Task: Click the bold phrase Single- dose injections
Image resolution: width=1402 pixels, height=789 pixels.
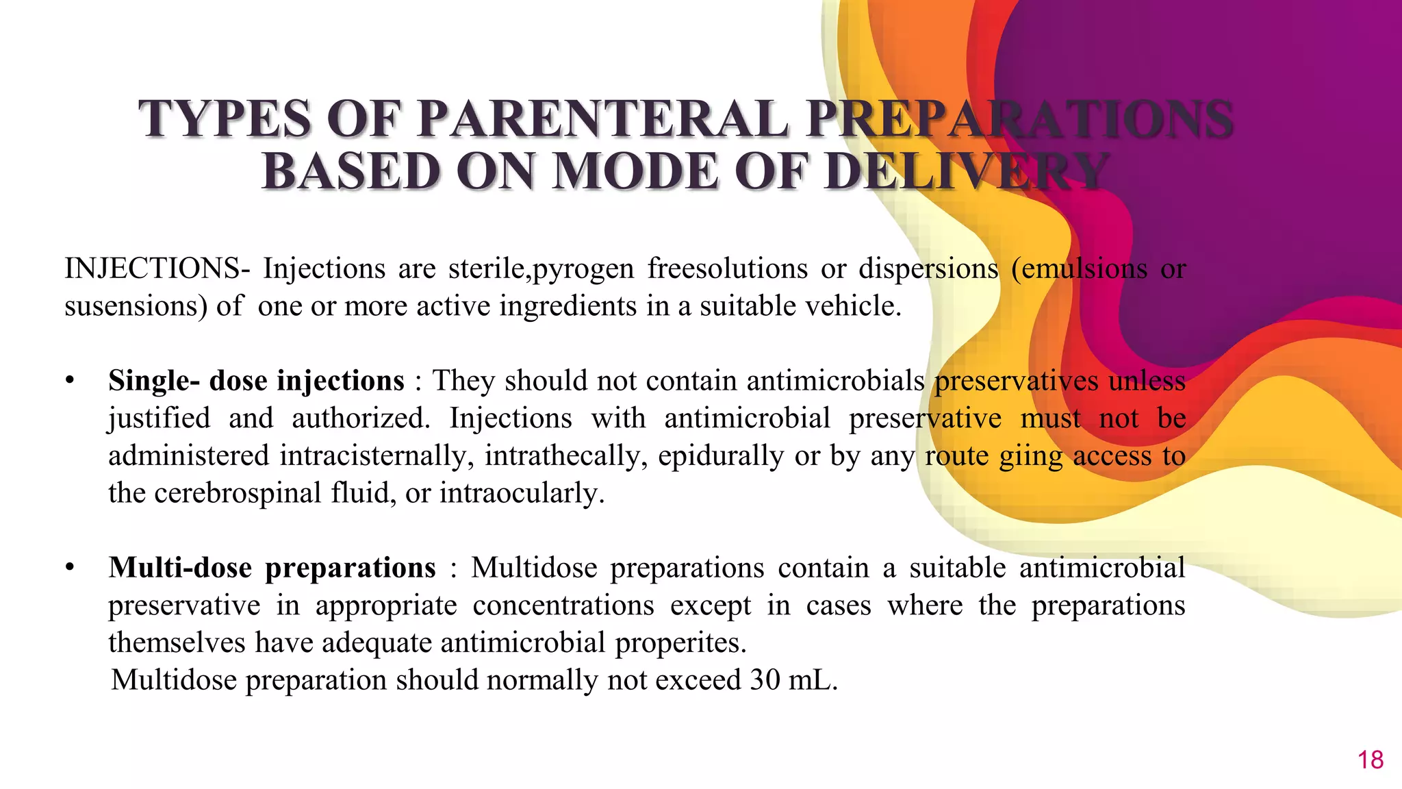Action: [256, 381]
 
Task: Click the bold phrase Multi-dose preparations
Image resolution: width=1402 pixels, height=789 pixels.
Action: [272, 568]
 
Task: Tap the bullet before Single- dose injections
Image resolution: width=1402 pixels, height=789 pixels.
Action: [69, 381]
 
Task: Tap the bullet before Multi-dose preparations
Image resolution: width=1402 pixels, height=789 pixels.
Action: [69, 568]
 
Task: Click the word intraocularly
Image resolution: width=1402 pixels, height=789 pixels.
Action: [522, 493]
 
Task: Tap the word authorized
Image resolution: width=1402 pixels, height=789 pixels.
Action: [361, 418]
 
